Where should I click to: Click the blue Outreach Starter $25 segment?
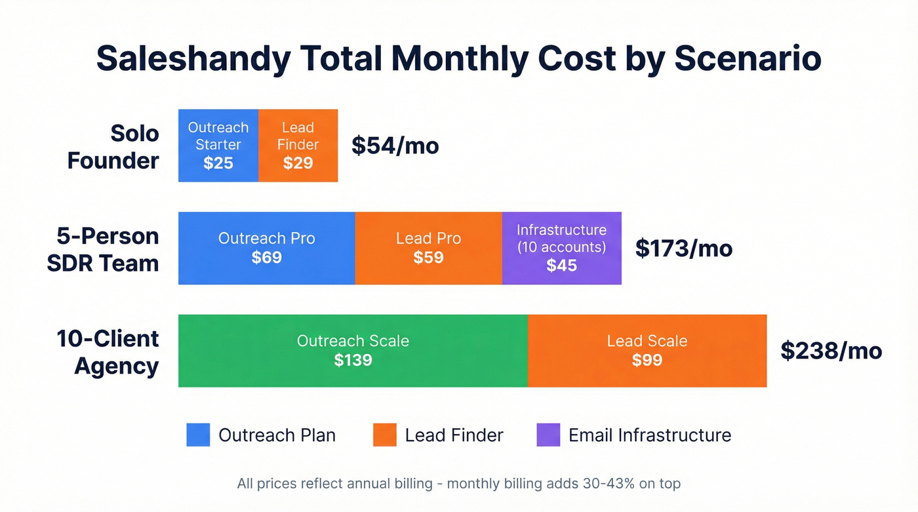(x=218, y=146)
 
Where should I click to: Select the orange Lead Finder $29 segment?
(x=298, y=146)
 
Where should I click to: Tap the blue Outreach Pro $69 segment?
(x=266, y=248)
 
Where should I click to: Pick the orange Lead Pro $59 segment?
(x=428, y=248)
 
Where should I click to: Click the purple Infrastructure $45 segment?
(x=561, y=248)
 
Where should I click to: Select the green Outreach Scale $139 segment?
(x=353, y=351)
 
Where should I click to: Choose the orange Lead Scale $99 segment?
(x=647, y=351)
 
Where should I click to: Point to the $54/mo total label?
(x=395, y=146)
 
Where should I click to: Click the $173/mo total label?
(x=683, y=248)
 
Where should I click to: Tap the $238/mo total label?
(x=831, y=351)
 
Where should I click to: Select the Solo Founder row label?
(x=113, y=146)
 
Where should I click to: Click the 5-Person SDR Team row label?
(x=103, y=249)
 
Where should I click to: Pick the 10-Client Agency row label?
(x=108, y=352)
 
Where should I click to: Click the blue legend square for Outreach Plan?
(x=198, y=435)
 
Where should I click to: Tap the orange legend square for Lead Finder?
(x=385, y=435)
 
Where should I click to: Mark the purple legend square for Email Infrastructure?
(x=548, y=435)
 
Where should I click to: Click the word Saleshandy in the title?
(x=193, y=59)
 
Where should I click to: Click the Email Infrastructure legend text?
(x=649, y=435)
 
